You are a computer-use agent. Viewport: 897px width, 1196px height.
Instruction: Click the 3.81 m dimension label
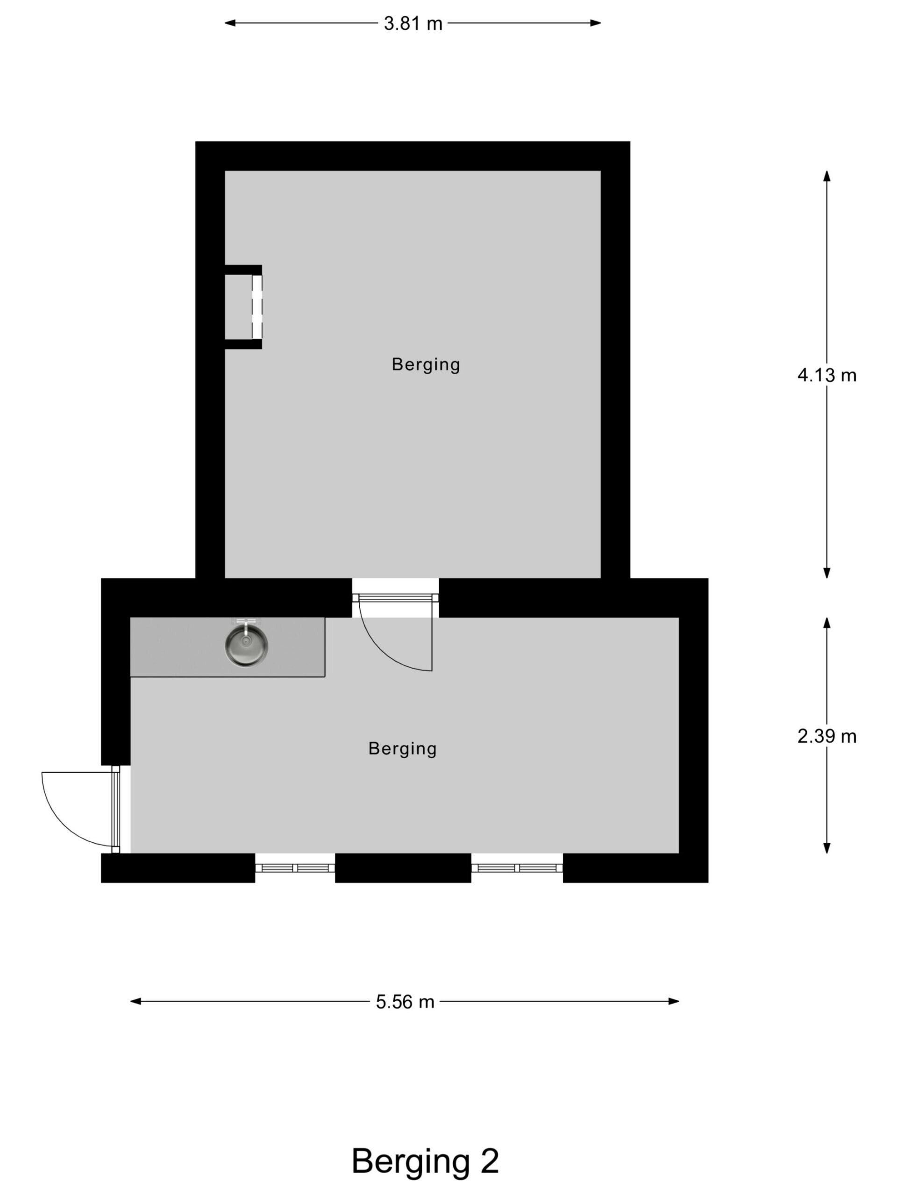(413, 24)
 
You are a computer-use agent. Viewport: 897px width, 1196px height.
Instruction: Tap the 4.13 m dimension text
(826, 375)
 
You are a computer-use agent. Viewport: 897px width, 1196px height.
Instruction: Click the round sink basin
(246, 646)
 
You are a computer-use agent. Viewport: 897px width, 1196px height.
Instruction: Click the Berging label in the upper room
(426, 364)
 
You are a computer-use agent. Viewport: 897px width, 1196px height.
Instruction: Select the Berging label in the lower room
(402, 748)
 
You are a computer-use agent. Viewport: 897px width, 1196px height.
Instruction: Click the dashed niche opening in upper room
(257, 306)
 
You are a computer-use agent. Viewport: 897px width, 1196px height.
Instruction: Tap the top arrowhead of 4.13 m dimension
(826, 176)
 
